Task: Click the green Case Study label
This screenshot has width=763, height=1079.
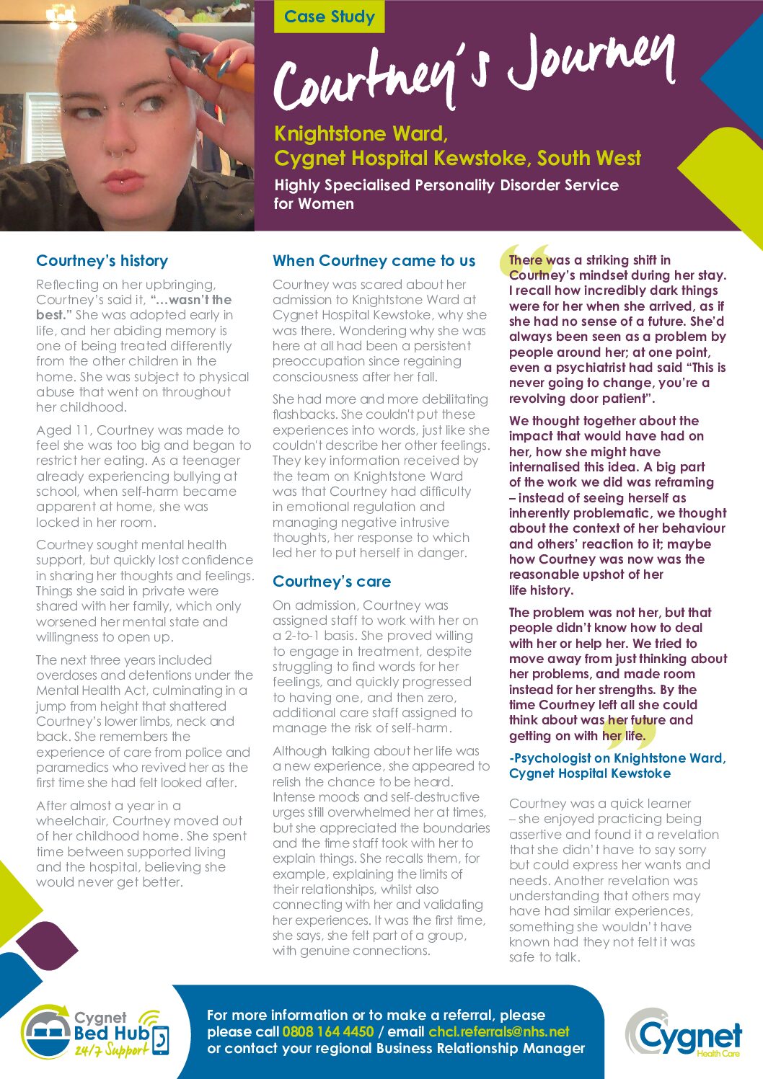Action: click(329, 17)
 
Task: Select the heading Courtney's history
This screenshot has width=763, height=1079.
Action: click(102, 261)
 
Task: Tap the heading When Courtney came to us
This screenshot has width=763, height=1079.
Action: click(374, 261)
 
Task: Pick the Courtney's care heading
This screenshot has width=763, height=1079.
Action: click(331, 582)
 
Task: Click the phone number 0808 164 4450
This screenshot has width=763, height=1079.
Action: click(327, 1031)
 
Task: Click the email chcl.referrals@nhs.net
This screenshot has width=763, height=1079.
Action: click(498, 1031)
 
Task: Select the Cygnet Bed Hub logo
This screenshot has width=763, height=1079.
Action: click(94, 1034)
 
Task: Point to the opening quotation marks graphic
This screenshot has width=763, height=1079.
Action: click(525, 261)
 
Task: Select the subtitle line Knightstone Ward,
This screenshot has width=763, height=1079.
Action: click(361, 134)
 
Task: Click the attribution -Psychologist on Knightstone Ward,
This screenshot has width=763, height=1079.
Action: click(617, 758)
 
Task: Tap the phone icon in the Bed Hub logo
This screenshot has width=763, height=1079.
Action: click(160, 1040)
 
